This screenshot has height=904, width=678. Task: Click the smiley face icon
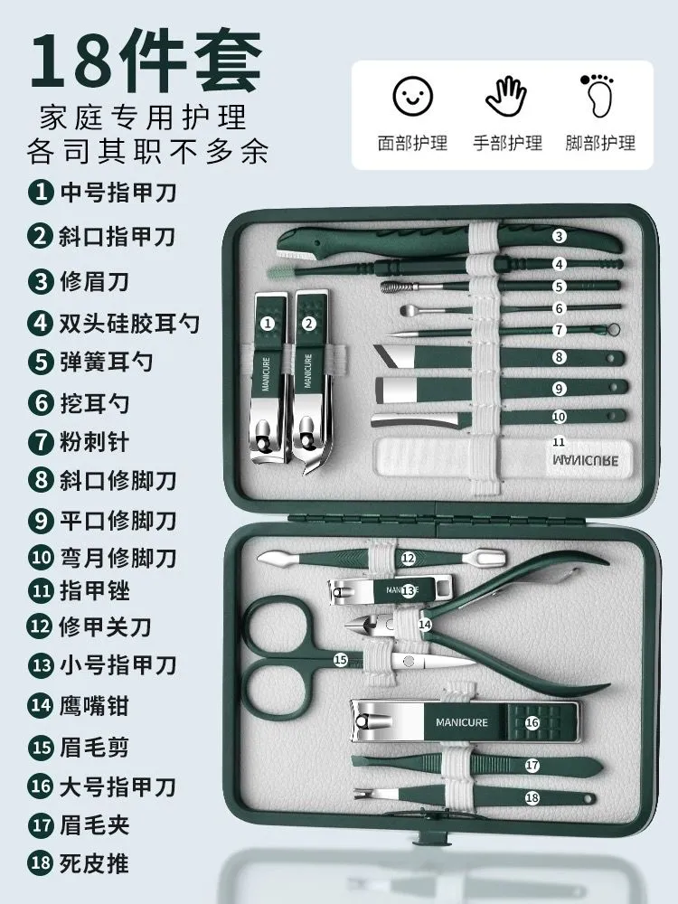(x=413, y=97)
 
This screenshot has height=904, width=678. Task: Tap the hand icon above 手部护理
(x=506, y=97)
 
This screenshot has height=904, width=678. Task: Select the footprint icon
(x=598, y=96)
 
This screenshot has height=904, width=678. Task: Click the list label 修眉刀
(x=94, y=281)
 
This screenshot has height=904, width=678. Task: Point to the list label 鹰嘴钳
(x=94, y=705)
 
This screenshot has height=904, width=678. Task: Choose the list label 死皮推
(x=94, y=863)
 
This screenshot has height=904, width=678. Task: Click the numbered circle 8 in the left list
(x=41, y=480)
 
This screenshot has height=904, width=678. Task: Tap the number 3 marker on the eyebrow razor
(x=558, y=236)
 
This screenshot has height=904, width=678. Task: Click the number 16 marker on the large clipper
(x=532, y=722)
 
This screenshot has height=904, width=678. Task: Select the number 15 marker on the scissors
(x=341, y=659)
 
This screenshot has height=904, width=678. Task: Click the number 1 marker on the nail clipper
(x=267, y=324)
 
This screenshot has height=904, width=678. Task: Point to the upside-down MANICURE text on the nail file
(x=585, y=461)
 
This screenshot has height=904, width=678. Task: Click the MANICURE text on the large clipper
(x=462, y=722)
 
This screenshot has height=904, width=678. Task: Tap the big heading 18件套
(x=146, y=60)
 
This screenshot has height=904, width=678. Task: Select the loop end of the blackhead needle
(x=614, y=330)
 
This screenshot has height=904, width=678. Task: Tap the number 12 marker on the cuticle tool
(x=409, y=558)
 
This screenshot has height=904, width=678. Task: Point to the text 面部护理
(x=413, y=143)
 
